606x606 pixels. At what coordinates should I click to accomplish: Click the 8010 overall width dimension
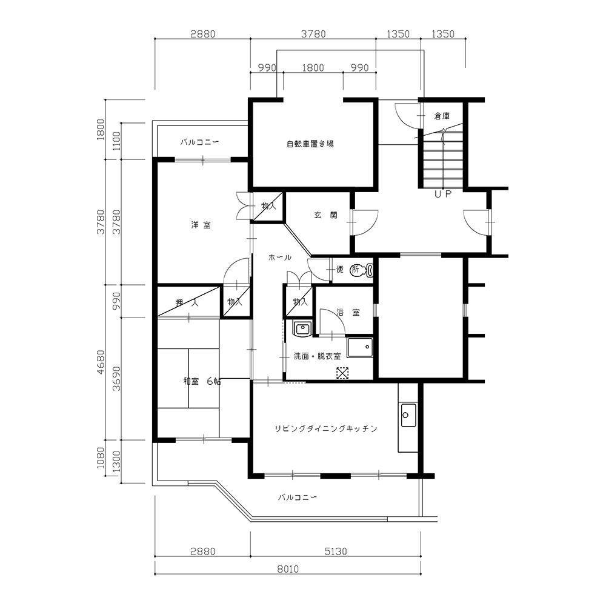[x=288, y=569]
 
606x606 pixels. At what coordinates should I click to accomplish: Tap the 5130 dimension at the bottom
[x=336, y=551]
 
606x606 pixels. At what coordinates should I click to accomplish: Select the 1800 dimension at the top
[x=313, y=68]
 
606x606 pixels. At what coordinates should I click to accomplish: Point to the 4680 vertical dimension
[x=101, y=362]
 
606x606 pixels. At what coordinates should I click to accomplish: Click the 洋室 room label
[x=201, y=225]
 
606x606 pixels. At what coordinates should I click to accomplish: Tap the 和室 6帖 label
[x=202, y=381]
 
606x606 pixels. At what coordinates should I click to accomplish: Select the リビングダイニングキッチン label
[x=326, y=428]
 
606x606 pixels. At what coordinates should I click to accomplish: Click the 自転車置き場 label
[x=310, y=144]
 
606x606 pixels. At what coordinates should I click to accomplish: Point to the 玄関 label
[x=325, y=215]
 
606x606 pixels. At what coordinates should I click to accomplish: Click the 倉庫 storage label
[x=442, y=116]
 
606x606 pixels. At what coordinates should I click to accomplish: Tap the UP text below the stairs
[x=443, y=194]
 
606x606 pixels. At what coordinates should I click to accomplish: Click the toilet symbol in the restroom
[x=362, y=270]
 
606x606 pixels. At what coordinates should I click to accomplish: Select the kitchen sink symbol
[x=408, y=415]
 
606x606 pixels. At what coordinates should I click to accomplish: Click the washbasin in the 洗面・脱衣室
[x=302, y=329]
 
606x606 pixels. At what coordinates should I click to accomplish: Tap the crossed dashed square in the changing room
[x=342, y=373]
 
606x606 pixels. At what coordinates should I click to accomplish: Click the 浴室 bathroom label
[x=348, y=312]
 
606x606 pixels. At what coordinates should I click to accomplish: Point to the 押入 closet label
[x=187, y=302]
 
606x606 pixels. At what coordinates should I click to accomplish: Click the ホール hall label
[x=280, y=258]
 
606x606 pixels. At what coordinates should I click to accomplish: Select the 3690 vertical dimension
[x=116, y=379]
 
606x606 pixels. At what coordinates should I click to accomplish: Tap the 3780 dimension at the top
[x=313, y=34]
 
